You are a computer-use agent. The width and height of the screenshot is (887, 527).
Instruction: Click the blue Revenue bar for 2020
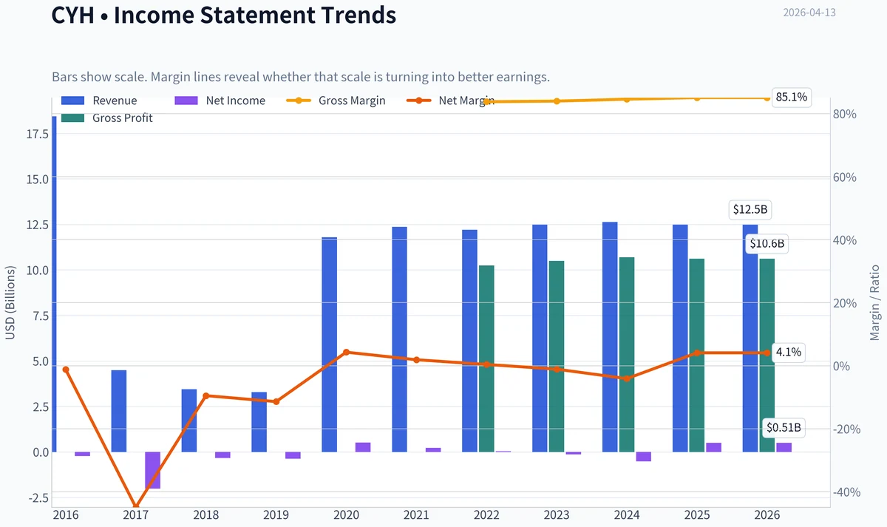[x=329, y=344]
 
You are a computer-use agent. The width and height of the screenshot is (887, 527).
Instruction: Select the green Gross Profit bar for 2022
[x=486, y=358]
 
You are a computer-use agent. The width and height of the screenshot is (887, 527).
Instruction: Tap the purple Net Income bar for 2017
[x=153, y=470]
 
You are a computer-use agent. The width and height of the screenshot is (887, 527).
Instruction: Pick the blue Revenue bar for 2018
[x=189, y=421]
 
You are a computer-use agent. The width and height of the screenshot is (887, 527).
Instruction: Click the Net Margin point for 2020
[x=346, y=352]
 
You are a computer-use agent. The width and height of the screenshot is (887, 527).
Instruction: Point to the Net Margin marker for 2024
[x=627, y=378]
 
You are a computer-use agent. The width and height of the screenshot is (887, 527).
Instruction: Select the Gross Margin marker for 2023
[x=557, y=101]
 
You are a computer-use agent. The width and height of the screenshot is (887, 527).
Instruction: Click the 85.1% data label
[x=791, y=97]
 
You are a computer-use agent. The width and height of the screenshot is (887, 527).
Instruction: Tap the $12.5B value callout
[x=750, y=209]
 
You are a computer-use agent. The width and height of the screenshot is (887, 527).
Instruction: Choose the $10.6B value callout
[x=767, y=243]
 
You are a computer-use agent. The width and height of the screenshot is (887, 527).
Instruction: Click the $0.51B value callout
[x=784, y=428]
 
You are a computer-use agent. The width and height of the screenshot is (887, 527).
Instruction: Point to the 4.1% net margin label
[x=789, y=352]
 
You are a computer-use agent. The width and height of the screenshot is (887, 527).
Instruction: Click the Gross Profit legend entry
[x=107, y=118]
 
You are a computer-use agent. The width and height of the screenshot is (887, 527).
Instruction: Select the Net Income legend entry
[x=220, y=101]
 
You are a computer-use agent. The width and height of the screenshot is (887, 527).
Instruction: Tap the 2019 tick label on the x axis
[x=276, y=515]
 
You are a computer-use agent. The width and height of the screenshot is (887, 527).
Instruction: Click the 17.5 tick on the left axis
[x=38, y=135]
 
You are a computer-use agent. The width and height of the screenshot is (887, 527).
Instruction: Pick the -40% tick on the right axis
[x=846, y=492]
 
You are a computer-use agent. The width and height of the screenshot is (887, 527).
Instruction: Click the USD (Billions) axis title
[x=10, y=302]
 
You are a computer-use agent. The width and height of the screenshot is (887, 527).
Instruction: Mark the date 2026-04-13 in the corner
[x=809, y=13]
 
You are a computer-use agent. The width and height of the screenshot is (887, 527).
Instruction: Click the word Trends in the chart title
[x=358, y=15]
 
